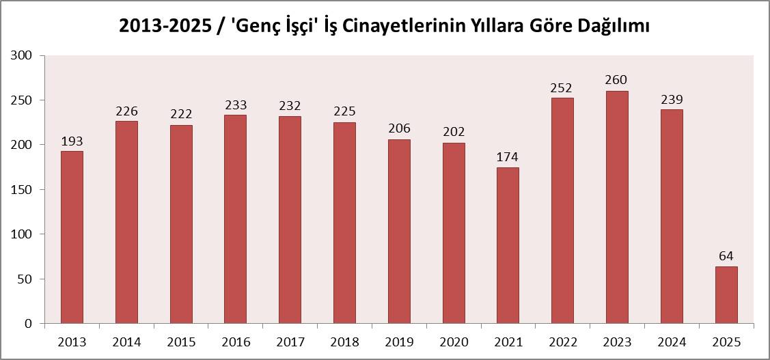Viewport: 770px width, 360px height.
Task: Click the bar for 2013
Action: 72,237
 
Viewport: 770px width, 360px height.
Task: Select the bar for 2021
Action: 508,245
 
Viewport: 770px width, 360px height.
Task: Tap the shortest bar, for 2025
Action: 726,294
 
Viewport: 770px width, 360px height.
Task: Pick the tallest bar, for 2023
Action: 617,207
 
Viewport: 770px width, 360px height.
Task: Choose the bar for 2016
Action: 235,219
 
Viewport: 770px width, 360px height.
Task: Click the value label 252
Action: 562,88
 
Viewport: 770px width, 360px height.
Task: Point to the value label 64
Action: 726,256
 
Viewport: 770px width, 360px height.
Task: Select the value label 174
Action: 508,158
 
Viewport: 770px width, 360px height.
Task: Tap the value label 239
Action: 672,100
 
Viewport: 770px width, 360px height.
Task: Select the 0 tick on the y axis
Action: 29,324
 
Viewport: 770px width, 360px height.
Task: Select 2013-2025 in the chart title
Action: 165,26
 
